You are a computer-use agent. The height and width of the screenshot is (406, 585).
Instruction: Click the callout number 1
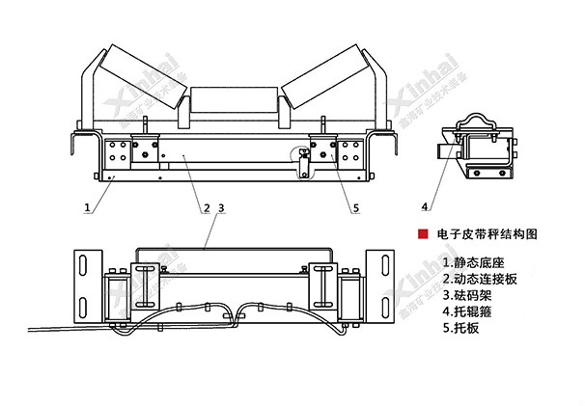click(x=87, y=205)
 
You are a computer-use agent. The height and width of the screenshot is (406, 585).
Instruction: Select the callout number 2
click(x=206, y=207)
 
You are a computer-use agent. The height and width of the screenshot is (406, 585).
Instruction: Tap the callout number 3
click(x=221, y=207)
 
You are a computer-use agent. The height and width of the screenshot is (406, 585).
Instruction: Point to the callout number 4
click(x=425, y=205)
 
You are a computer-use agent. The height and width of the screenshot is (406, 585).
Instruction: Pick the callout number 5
click(x=355, y=206)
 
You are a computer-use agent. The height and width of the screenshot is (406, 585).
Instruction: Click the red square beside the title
click(x=421, y=234)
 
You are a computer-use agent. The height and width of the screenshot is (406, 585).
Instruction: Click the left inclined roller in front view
click(x=139, y=71)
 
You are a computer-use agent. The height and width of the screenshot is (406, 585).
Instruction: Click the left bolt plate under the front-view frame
click(x=121, y=151)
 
